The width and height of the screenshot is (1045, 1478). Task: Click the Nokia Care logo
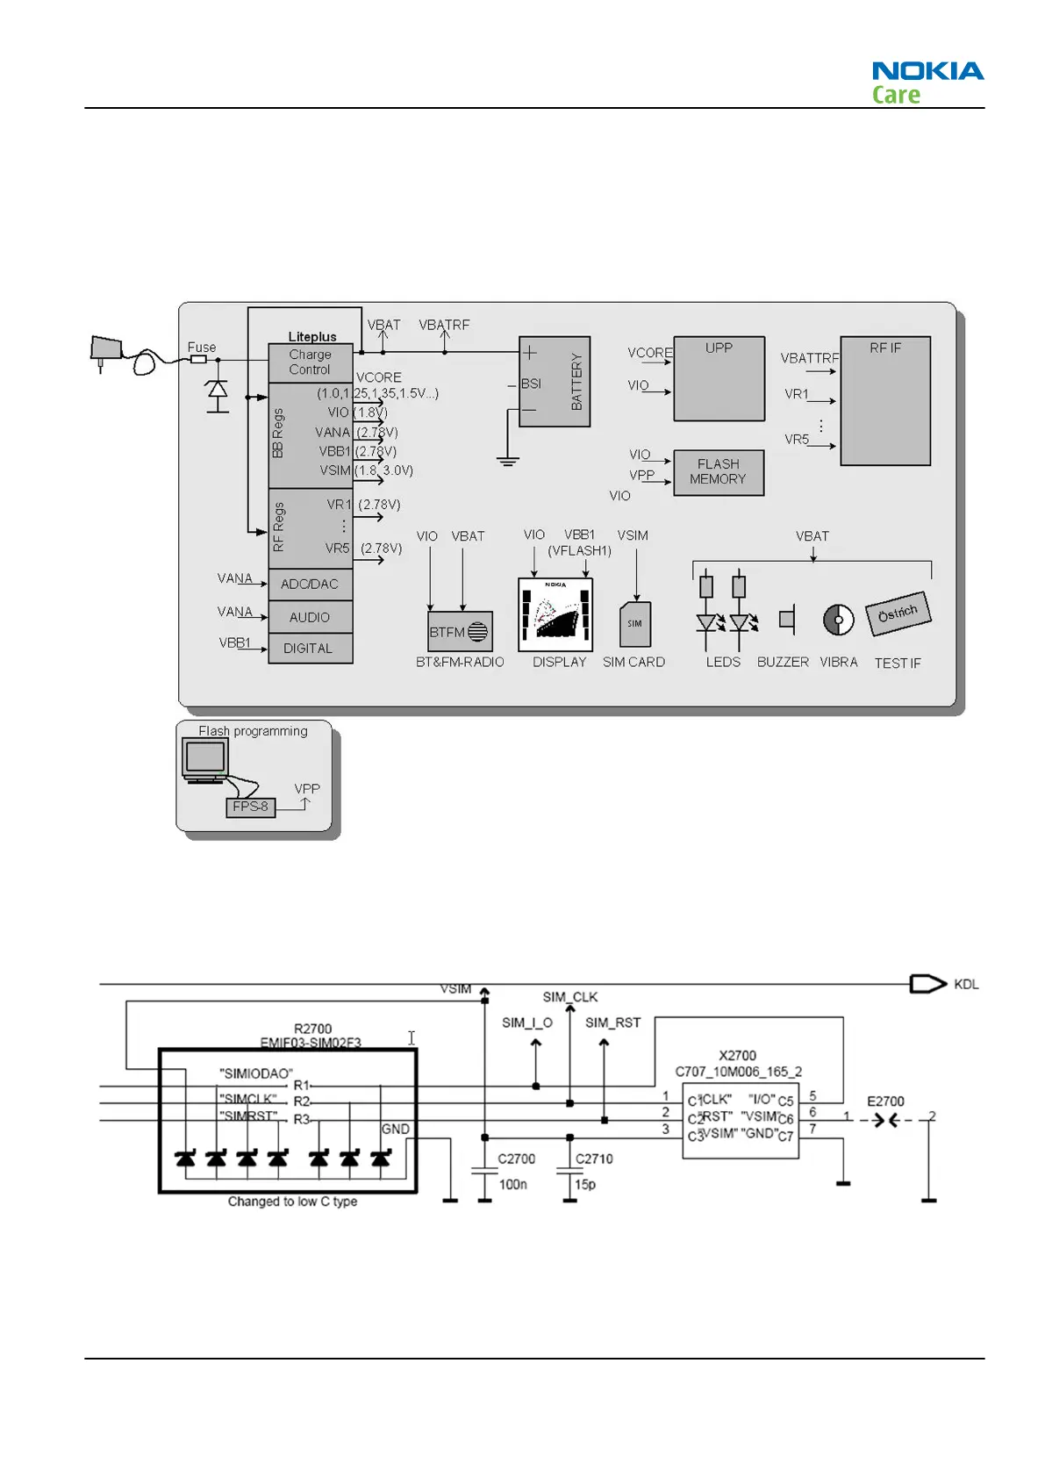(x=927, y=83)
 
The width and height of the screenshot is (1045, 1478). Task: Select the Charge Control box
(x=310, y=362)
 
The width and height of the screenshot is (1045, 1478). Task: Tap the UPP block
(x=719, y=378)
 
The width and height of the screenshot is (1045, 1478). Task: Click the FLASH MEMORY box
(x=718, y=472)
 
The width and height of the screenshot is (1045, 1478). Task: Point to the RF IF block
(x=884, y=400)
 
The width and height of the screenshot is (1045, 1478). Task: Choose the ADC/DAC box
(x=310, y=585)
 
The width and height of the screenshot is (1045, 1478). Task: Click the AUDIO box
(x=310, y=617)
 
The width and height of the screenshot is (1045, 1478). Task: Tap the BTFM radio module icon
(x=460, y=632)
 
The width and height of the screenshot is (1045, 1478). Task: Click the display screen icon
(x=555, y=614)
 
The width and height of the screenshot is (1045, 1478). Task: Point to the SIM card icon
(x=635, y=624)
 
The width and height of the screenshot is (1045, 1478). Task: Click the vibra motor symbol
(x=838, y=620)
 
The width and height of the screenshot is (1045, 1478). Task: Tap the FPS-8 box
(x=251, y=807)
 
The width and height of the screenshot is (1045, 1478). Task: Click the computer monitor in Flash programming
(x=205, y=759)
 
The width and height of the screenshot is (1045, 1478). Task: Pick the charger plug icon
(x=107, y=350)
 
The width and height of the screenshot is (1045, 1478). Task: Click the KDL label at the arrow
(x=966, y=985)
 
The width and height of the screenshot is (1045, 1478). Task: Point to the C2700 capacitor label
(x=516, y=1159)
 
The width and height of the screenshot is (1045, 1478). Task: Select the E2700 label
(x=885, y=1101)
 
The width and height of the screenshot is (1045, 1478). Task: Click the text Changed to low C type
(x=292, y=1202)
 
